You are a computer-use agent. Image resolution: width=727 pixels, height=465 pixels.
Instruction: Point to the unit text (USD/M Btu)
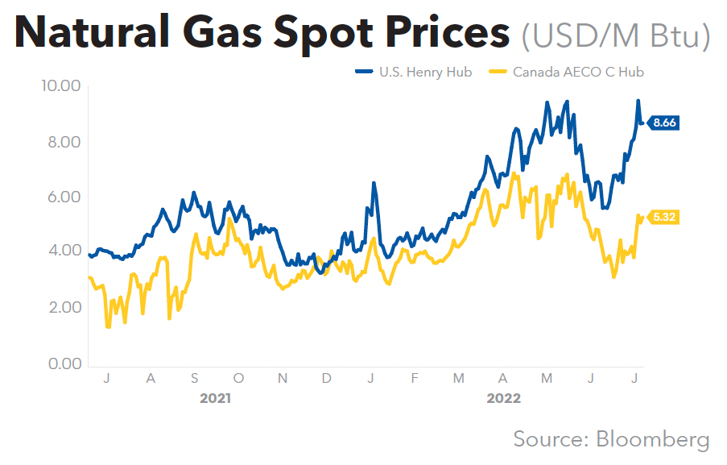pyautogui.click(x=616, y=35)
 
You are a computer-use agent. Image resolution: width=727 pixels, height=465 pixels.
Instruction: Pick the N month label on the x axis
pyautogui.click(x=282, y=377)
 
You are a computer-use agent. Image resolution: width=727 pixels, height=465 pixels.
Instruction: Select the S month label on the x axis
pyautogui.click(x=194, y=377)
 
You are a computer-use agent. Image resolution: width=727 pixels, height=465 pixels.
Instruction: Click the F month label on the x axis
pyautogui.click(x=415, y=377)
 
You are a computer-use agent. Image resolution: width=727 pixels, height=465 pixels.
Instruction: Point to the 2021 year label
pyautogui.click(x=216, y=398)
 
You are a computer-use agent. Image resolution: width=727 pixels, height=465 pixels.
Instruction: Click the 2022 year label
pyautogui.click(x=504, y=398)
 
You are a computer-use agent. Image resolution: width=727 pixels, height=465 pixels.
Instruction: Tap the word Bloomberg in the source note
pyautogui.click(x=653, y=439)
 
